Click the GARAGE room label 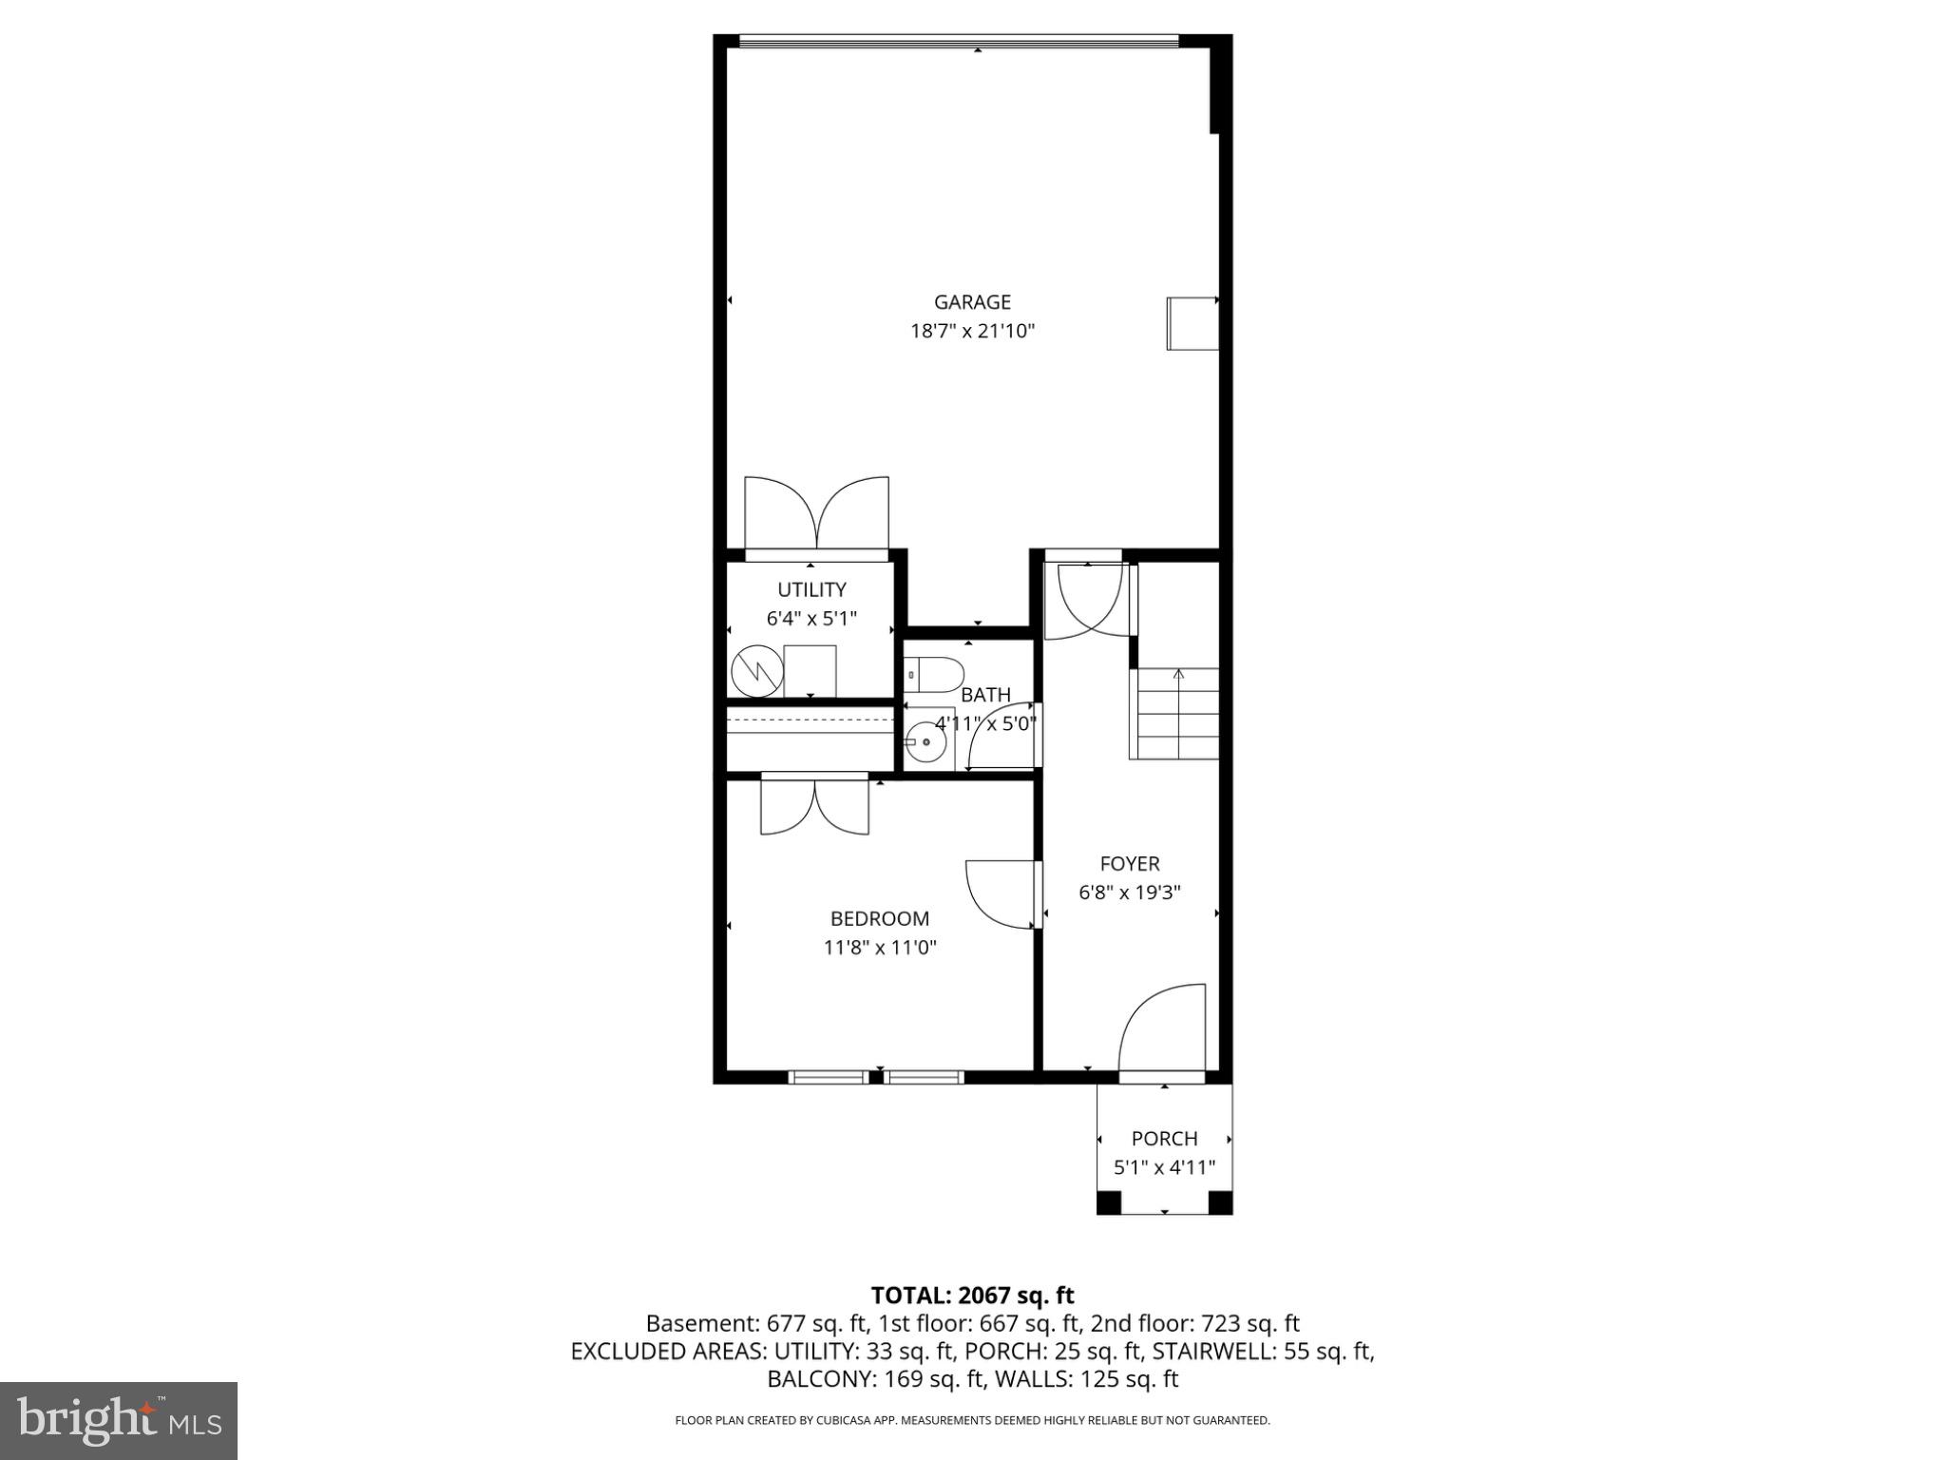(972, 302)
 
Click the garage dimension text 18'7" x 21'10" (972, 332)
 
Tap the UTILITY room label (811, 589)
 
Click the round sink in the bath (925, 740)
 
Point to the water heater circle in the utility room (755, 670)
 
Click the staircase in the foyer (1174, 713)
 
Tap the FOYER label (1130, 864)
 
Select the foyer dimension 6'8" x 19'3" (1130, 893)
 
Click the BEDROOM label (880, 918)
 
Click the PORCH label (1164, 1139)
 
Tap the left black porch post (1109, 1202)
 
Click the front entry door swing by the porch (1161, 1031)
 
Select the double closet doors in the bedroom (814, 806)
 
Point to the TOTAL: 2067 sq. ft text (972, 1296)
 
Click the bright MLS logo (119, 1420)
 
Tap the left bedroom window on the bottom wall (829, 1077)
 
